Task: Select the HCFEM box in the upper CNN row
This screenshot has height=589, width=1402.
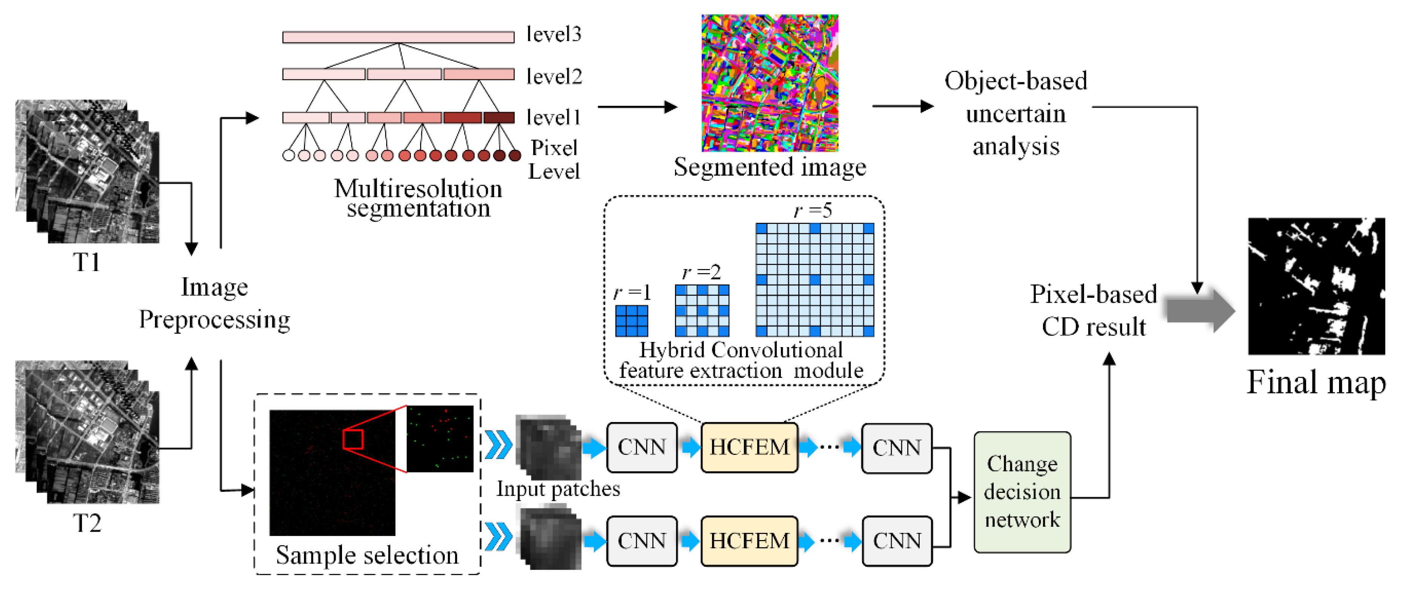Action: pyautogui.click(x=749, y=447)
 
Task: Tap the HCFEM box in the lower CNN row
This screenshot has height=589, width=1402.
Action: pyautogui.click(x=749, y=541)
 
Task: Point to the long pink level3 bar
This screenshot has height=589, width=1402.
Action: pyautogui.click(x=398, y=37)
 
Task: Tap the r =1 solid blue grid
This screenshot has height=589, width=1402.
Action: pyautogui.click(x=631, y=321)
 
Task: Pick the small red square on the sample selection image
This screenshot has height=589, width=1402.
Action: pyautogui.click(x=353, y=439)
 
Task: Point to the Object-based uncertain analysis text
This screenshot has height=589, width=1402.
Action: pyautogui.click(x=1015, y=113)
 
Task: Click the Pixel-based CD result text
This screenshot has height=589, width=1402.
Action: pyautogui.click(x=1093, y=311)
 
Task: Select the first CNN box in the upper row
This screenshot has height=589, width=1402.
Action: pyautogui.click(x=642, y=447)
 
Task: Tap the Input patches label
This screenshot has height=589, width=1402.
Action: pyautogui.click(x=558, y=488)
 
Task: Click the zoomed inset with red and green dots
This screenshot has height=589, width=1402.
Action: pyautogui.click(x=440, y=438)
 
